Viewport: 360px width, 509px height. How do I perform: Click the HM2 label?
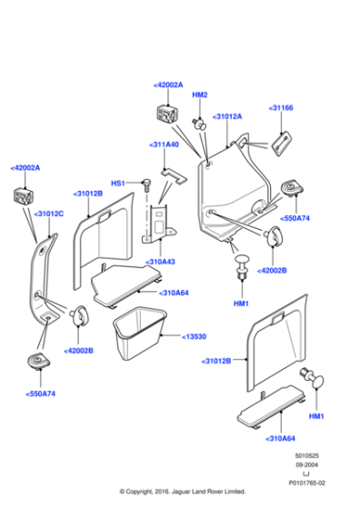(x=199, y=95)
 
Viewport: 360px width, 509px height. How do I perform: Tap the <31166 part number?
(x=281, y=108)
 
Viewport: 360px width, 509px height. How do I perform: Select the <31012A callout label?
(x=226, y=117)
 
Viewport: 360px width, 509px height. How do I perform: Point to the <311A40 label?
(x=164, y=145)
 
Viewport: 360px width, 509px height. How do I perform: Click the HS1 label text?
(x=117, y=184)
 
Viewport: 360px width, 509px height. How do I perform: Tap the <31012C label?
(x=48, y=214)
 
